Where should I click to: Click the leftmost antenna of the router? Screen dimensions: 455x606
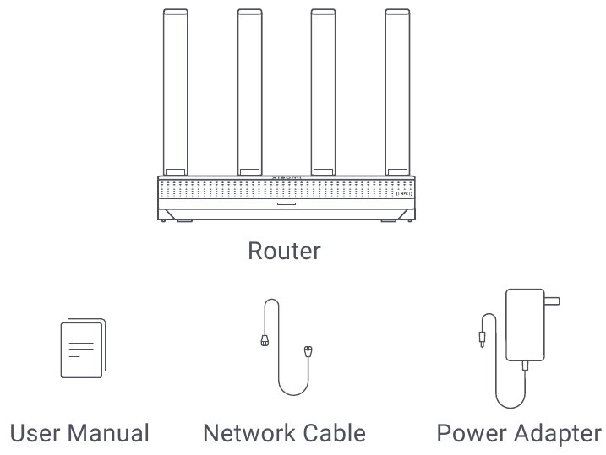tap(176, 93)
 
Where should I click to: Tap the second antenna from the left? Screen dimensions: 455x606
tap(248, 93)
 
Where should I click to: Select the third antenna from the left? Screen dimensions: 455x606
tap(322, 93)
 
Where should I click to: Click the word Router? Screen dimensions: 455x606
tap(285, 252)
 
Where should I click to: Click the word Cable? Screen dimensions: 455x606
tap(336, 434)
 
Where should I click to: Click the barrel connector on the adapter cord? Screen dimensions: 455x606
tap(483, 339)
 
